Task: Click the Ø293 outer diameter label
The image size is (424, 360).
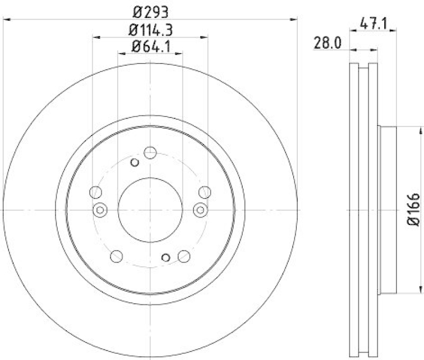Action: tap(150, 11)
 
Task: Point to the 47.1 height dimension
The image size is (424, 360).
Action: tap(373, 23)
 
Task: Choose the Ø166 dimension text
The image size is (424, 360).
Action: tap(414, 210)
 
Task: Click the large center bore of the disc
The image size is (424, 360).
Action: tap(150, 210)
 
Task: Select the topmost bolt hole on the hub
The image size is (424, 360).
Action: tap(150, 153)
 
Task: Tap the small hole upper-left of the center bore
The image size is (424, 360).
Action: tap(134, 162)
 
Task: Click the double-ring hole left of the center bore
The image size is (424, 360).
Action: tap(100, 210)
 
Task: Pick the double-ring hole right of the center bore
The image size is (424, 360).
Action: tap(200, 210)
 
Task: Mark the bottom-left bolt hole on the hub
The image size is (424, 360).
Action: tap(116, 256)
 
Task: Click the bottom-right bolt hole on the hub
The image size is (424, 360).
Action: tap(184, 256)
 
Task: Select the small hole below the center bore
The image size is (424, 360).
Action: tap(166, 258)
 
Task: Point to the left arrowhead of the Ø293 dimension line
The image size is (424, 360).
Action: tap(6, 20)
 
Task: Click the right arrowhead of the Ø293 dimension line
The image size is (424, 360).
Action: tap(294, 20)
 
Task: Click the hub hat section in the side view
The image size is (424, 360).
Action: tap(387, 210)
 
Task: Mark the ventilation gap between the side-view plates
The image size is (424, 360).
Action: tap(364, 210)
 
